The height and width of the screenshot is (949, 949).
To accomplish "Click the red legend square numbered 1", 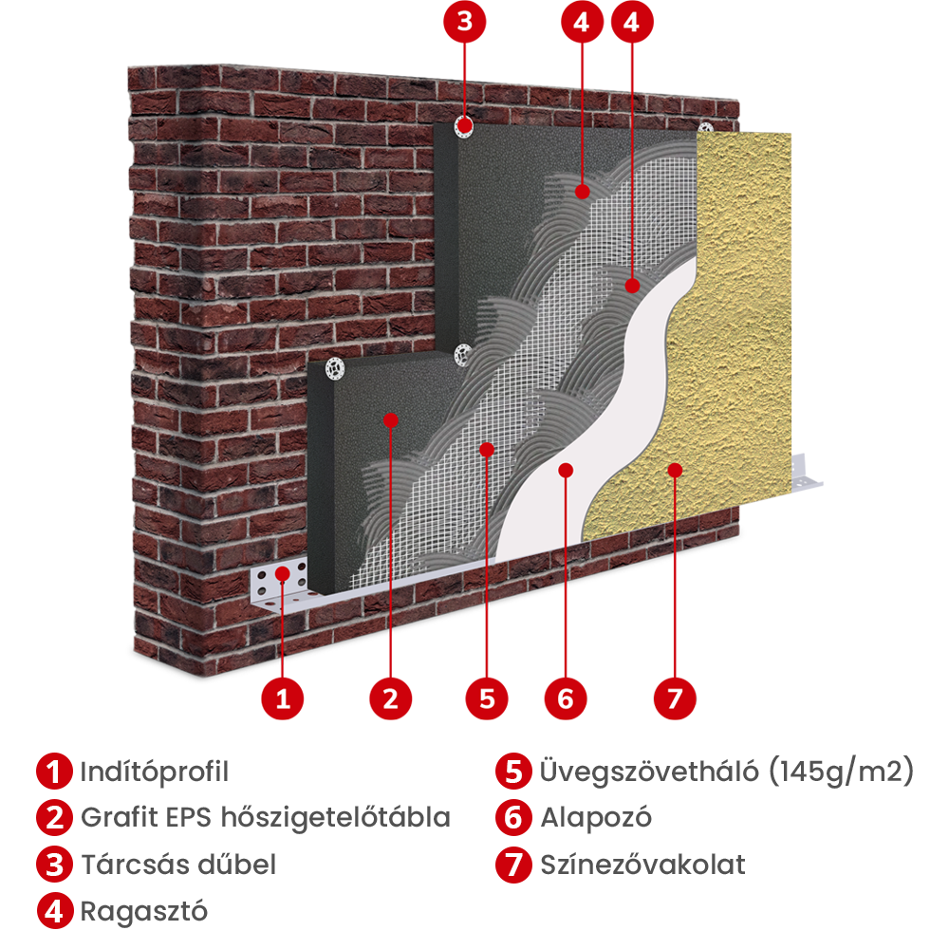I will [x=54, y=771].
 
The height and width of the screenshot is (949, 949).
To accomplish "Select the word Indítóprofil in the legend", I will [x=154, y=772].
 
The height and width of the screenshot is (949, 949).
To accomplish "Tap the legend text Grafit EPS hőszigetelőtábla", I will [x=266, y=817].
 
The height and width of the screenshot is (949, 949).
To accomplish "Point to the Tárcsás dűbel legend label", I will [x=178, y=865].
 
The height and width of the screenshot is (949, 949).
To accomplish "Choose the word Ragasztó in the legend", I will [x=144, y=911].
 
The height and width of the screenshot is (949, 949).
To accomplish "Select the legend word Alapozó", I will [x=596, y=817].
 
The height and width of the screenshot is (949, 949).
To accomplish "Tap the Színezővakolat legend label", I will [x=642, y=865].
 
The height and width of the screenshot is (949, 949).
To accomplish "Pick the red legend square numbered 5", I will [x=513, y=771].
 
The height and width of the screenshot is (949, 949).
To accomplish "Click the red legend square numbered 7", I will [x=513, y=865].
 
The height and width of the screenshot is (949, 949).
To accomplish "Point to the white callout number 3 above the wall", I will [x=464, y=21].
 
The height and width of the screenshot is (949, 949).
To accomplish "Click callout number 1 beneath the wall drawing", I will [x=282, y=700].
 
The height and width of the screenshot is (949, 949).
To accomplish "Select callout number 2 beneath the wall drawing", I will [x=390, y=700].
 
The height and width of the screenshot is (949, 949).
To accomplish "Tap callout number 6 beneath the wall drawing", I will [x=566, y=700].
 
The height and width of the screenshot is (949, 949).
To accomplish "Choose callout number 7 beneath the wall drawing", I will [x=674, y=700].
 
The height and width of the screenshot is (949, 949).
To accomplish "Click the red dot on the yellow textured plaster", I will [x=675, y=469].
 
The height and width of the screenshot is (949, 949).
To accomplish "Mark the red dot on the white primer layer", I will [x=566, y=469].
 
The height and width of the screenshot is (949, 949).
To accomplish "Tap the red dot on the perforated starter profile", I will [x=282, y=573].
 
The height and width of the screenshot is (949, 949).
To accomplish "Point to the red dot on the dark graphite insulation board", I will [x=390, y=419].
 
